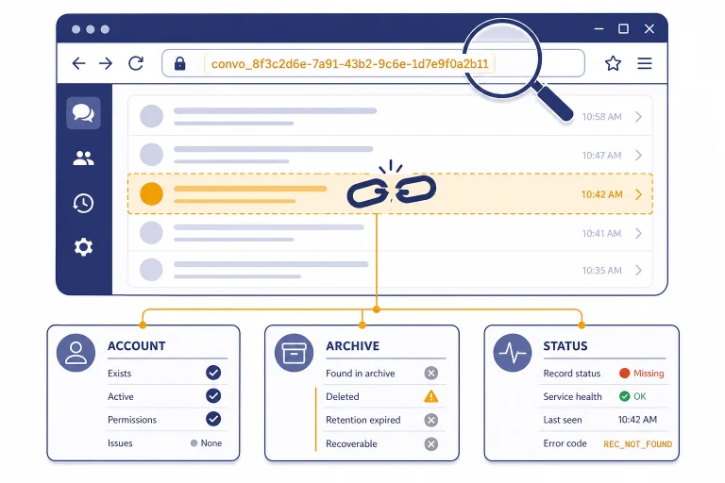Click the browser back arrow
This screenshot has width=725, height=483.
[78, 63]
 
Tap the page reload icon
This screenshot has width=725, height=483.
[136, 63]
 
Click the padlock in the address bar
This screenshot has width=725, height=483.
[180, 63]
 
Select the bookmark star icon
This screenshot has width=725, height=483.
[613, 63]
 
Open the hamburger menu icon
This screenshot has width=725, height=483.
[645, 63]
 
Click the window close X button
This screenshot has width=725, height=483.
[649, 28]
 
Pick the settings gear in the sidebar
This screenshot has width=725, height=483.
[83, 247]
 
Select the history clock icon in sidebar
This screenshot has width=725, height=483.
[83, 204]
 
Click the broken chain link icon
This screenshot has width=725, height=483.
[391, 190]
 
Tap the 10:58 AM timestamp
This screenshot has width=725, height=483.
[601, 117]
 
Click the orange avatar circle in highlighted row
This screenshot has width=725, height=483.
[152, 193]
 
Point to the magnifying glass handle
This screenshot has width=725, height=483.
[553, 103]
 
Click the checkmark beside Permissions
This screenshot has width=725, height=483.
[213, 419]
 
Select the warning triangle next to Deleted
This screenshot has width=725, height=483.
[430, 396]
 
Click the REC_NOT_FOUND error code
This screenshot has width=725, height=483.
[637, 444]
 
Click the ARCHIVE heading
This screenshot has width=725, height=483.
[352, 345]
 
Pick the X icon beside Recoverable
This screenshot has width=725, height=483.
[430, 443]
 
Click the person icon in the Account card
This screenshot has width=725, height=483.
[76, 353]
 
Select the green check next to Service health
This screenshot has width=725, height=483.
[624, 396]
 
